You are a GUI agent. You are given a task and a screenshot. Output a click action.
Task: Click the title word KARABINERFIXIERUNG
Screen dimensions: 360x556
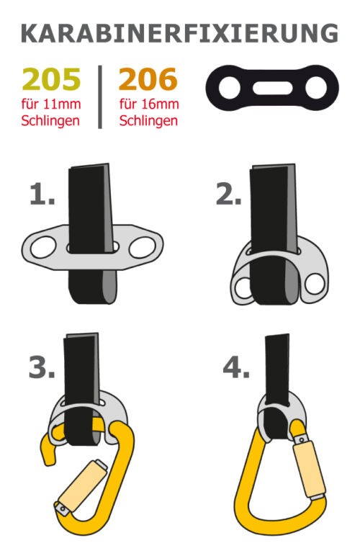click(180, 33)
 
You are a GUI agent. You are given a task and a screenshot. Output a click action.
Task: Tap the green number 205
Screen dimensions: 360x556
click(51, 79)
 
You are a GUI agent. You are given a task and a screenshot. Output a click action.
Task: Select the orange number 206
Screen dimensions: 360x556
click(148, 79)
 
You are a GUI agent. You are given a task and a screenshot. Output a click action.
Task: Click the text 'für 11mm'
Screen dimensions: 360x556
click(51, 104)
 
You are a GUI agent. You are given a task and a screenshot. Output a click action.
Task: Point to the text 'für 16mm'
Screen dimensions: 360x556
click(149, 104)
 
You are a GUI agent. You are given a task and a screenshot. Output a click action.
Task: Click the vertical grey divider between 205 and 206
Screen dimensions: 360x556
click(100, 97)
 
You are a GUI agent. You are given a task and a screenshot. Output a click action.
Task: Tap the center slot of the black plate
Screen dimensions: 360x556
click(272, 88)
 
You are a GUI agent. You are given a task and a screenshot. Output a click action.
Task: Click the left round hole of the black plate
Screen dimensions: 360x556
click(230, 88)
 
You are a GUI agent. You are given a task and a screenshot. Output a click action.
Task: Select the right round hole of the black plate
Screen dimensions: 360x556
click(316, 88)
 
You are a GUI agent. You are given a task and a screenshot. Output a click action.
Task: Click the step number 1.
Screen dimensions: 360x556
click(42, 194)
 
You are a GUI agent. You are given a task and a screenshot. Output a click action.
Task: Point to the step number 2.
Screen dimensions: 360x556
click(229, 194)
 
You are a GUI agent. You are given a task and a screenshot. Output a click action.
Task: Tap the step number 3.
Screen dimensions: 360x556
click(42, 367)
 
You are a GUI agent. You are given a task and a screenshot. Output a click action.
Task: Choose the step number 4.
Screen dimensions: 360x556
click(236, 367)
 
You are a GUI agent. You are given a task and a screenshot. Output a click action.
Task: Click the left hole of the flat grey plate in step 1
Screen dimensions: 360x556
click(43, 247)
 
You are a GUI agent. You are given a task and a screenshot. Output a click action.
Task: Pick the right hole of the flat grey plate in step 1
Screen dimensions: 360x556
click(143, 247)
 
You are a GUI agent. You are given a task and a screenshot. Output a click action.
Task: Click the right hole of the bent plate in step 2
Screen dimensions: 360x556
click(315, 284)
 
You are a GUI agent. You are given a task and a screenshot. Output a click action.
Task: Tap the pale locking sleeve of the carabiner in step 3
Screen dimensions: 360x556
click(83, 485)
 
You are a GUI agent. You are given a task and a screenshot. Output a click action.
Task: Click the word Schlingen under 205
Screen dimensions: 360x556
click(50, 121)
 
